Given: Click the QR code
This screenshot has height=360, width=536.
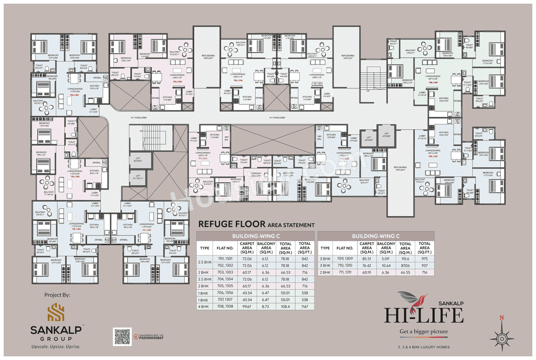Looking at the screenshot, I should [x=122, y=337].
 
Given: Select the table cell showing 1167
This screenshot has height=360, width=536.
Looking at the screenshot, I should [x=304, y=307].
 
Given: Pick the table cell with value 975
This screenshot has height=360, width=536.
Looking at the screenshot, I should [x=424, y=259].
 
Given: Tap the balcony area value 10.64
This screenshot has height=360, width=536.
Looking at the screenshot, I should [x=386, y=266].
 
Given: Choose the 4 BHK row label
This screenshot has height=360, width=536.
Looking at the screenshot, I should [x=205, y=307].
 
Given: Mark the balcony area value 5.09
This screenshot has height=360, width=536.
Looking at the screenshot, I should [x=386, y=259].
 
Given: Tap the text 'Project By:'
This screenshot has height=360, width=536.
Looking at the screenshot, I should [x=57, y=295].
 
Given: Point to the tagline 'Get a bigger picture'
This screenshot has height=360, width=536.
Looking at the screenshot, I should [x=424, y=332].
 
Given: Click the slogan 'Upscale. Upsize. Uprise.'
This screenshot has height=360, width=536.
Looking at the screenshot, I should [x=56, y=347].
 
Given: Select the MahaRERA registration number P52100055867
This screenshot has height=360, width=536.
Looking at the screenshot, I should [x=151, y=338].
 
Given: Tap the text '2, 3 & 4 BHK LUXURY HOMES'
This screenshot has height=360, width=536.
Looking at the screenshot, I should [x=424, y=347].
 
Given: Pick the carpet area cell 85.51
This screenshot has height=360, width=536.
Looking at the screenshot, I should [x=367, y=259].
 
